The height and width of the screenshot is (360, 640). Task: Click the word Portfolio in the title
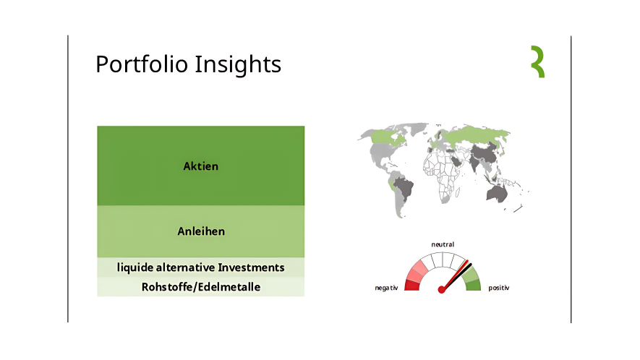[142, 64]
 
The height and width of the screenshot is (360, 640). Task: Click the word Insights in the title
[238, 65]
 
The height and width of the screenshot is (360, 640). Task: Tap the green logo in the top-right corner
[538, 61]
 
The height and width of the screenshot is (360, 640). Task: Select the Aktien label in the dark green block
[201, 166]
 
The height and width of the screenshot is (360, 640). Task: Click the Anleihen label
[201, 231]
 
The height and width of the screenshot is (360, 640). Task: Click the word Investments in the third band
[251, 267]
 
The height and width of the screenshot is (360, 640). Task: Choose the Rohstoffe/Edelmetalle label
[201, 287]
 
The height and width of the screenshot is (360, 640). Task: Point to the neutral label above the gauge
[443, 244]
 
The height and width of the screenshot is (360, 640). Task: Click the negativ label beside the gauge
[386, 288]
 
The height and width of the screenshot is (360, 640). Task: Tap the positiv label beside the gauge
[499, 288]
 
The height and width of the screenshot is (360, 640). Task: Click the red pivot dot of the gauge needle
[441, 290]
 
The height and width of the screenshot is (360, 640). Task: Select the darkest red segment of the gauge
[411, 286]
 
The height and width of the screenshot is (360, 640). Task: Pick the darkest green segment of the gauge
[474, 286]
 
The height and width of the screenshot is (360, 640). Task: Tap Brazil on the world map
[404, 188]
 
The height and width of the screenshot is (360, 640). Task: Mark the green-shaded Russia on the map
[476, 134]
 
